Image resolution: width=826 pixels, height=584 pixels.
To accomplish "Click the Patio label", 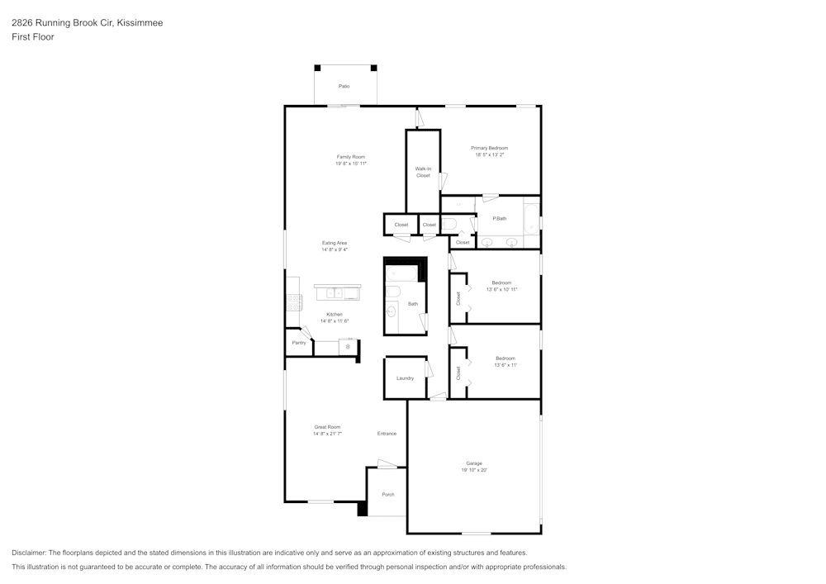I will click(x=344, y=86).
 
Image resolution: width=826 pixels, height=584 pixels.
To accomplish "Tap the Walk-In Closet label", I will click(x=423, y=172).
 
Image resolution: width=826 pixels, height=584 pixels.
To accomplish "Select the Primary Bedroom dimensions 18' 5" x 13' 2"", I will click(x=490, y=154).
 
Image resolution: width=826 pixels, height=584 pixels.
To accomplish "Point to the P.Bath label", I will click(x=499, y=218).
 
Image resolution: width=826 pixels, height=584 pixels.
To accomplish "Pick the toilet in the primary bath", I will click(x=449, y=223).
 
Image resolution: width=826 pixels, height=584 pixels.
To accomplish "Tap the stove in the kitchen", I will click(x=294, y=302).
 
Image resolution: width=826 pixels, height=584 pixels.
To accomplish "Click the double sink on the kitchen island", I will click(x=335, y=292).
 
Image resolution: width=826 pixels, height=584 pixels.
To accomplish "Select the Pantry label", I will click(x=298, y=342).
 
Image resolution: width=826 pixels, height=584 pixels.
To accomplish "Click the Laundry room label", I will click(x=405, y=378).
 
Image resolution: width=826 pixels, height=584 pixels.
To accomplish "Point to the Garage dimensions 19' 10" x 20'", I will click(x=474, y=470).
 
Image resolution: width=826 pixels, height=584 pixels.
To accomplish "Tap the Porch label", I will click(x=387, y=495).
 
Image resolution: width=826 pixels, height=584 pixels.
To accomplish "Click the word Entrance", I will click(x=387, y=434).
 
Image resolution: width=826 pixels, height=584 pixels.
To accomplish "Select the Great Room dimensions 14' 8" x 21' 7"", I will click(x=327, y=434).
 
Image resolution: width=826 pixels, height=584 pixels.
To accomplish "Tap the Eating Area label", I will click(x=335, y=243).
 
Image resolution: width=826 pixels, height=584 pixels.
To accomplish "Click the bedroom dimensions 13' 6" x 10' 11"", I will click(x=501, y=289).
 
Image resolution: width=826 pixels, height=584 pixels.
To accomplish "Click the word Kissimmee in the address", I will click(x=140, y=23).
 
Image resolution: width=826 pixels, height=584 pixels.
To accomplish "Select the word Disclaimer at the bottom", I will click(x=29, y=553).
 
